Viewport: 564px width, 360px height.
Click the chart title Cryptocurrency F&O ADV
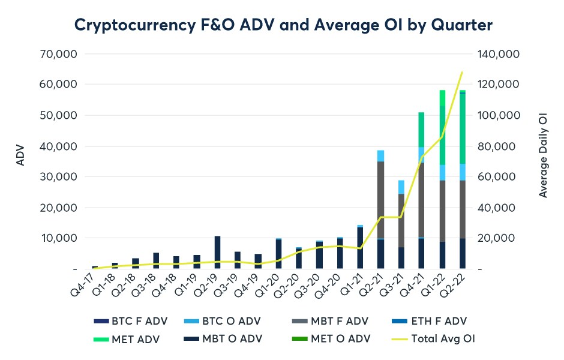(x=283, y=25)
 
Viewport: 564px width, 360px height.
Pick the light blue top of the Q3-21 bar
(x=401, y=187)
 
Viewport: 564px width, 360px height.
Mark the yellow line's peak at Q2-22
(x=462, y=73)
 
